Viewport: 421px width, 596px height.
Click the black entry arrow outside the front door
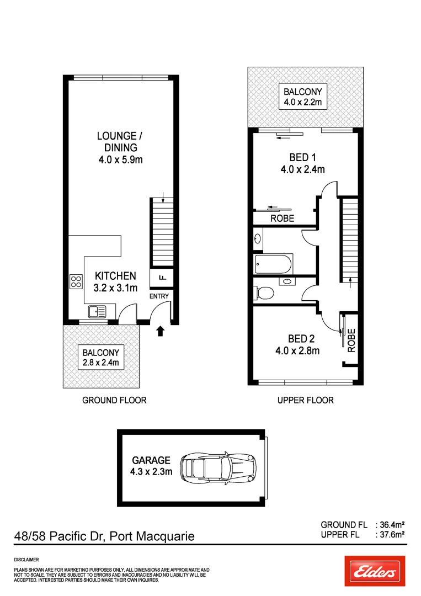point(161,331)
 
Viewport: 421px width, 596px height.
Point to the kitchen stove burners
point(76,283)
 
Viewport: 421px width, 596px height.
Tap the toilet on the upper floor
point(264,292)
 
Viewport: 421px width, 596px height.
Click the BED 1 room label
point(302,163)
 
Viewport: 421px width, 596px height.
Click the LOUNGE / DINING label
point(116,147)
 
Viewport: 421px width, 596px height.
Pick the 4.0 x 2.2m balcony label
point(302,97)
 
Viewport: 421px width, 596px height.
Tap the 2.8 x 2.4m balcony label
point(101,358)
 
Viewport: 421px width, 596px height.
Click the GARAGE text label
point(151,460)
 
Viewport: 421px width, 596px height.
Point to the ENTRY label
point(159,296)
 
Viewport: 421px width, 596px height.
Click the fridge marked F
point(162,277)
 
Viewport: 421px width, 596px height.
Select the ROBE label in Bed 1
point(282,219)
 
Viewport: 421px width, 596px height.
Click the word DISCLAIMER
point(26,560)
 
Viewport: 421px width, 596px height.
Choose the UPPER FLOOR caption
point(305,400)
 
